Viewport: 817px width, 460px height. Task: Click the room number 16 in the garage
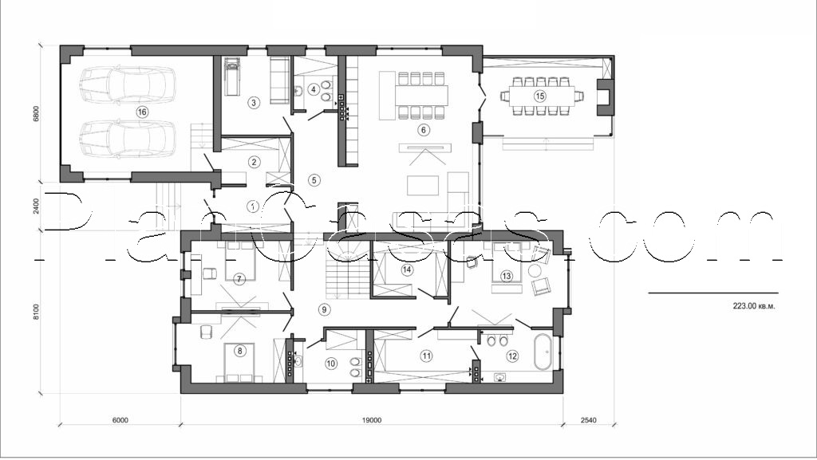(x=142, y=112)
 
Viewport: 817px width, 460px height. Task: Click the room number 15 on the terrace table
(x=540, y=96)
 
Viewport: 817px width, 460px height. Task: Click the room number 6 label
(x=424, y=130)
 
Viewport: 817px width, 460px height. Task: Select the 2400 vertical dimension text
(x=35, y=206)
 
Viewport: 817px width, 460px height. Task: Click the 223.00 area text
(x=752, y=305)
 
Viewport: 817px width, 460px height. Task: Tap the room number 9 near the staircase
(x=323, y=309)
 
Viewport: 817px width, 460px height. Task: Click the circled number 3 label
(x=253, y=102)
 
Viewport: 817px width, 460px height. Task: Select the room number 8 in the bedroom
(x=239, y=349)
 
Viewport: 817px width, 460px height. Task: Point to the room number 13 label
(x=506, y=276)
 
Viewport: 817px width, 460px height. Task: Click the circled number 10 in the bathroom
(x=330, y=363)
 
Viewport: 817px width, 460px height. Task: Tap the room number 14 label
(x=407, y=269)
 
